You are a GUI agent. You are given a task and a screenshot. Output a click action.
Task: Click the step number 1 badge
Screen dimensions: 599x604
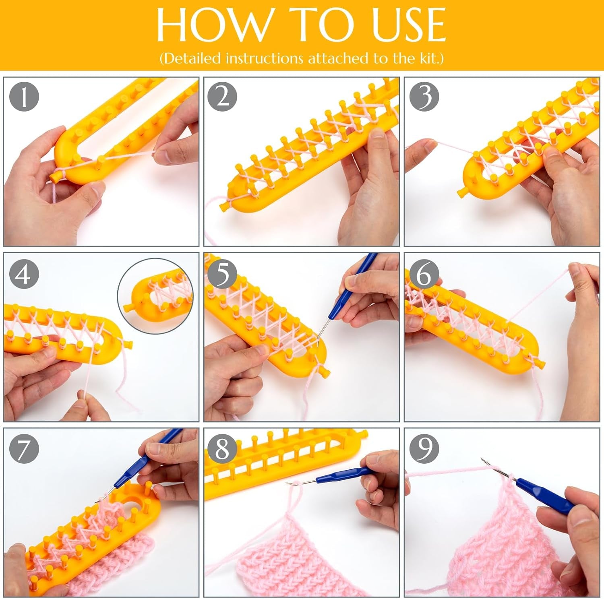(24, 97)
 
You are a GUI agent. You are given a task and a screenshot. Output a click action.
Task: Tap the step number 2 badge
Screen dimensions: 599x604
(222, 97)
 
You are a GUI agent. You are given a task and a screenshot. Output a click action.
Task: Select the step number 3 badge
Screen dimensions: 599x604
(424, 97)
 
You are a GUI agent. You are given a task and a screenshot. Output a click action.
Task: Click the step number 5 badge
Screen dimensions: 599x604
(222, 273)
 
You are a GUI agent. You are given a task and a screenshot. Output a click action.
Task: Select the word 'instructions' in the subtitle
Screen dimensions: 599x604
(264, 58)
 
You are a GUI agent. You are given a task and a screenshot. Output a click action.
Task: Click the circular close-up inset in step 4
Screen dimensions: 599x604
(155, 296)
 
